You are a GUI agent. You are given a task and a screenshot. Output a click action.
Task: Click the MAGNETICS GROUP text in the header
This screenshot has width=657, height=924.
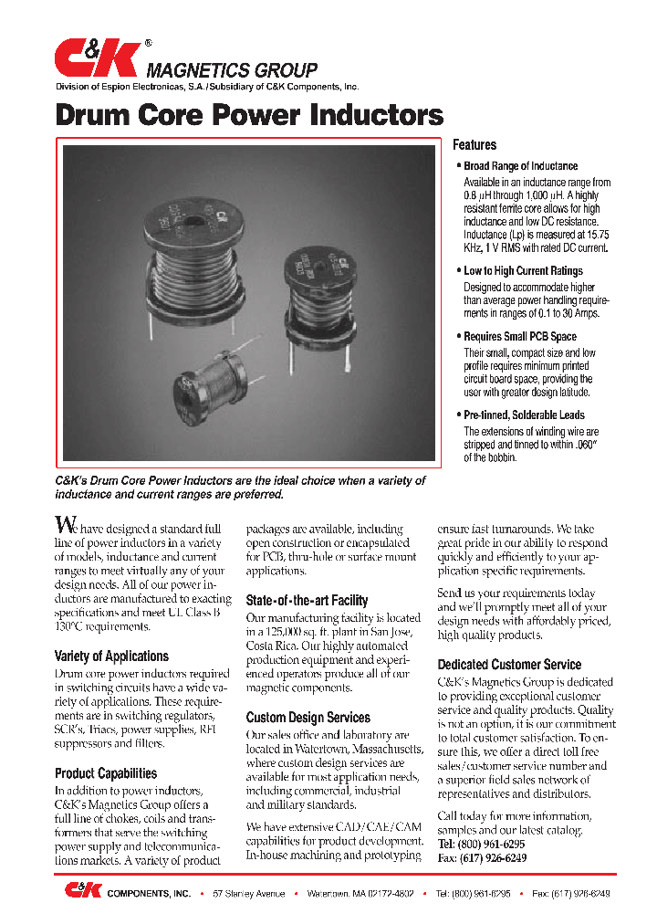(233, 70)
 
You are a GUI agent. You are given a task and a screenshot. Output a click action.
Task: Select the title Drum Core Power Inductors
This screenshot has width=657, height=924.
(249, 115)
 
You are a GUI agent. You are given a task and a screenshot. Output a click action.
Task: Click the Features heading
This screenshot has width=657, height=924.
(474, 145)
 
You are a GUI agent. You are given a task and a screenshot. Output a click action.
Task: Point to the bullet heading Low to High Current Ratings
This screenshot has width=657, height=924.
(523, 271)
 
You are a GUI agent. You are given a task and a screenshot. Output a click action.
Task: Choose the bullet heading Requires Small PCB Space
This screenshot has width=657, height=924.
(520, 337)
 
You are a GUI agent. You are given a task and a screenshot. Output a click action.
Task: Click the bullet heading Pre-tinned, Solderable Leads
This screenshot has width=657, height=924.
(524, 415)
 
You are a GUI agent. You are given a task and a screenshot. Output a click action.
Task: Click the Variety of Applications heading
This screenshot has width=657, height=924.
(111, 656)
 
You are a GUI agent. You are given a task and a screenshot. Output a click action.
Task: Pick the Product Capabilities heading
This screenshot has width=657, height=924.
(106, 773)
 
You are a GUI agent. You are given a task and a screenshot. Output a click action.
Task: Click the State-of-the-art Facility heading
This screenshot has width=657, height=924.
(307, 601)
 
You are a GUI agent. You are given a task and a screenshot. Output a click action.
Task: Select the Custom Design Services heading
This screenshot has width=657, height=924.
(308, 718)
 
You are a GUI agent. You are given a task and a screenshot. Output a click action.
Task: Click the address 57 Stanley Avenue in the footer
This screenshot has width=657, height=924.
(249, 894)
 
